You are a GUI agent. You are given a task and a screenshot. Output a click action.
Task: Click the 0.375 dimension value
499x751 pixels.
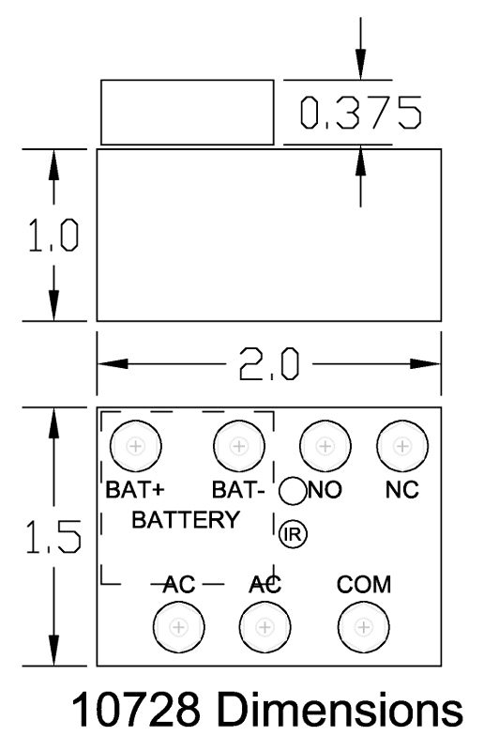[x=361, y=113]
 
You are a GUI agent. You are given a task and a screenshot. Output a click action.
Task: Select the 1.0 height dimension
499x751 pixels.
[x=53, y=235]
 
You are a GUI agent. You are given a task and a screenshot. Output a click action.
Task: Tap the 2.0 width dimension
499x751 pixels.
[x=269, y=363]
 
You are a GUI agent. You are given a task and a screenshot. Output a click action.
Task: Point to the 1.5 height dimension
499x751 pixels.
[x=53, y=536]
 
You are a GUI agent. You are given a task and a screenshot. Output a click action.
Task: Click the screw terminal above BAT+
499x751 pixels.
[x=135, y=446]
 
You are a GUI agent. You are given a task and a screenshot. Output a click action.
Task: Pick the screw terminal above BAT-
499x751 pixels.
[x=238, y=446]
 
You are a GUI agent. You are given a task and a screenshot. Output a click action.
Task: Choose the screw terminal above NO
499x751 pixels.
[x=325, y=446]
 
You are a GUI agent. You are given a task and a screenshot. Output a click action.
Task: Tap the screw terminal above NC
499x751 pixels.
[x=402, y=446]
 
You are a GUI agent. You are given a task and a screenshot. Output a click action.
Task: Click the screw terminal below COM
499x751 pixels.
[x=364, y=627]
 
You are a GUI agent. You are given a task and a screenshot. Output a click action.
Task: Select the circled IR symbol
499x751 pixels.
[x=293, y=534]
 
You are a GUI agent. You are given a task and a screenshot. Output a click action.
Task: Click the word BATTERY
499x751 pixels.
[x=186, y=520]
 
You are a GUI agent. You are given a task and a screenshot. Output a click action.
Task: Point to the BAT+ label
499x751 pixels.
[x=135, y=489]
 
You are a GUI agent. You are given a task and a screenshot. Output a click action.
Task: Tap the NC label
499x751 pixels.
[x=401, y=489]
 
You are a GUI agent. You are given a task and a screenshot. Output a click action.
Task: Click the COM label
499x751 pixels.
[x=364, y=584]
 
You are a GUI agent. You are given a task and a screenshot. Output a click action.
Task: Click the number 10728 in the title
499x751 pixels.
[x=136, y=710]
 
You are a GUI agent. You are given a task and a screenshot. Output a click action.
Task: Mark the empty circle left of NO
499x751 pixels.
[x=293, y=491]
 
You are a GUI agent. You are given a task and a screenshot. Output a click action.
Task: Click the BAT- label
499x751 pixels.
[x=238, y=489]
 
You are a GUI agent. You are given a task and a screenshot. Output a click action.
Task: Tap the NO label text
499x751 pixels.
[x=325, y=489]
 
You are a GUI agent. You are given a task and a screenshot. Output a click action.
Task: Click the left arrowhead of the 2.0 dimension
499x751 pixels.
[x=113, y=363]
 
